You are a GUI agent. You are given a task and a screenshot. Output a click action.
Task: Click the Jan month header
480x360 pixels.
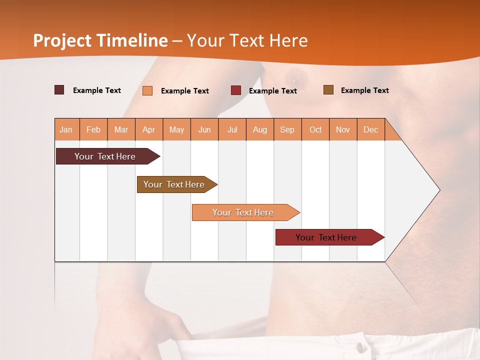pyautogui.click(x=66, y=129)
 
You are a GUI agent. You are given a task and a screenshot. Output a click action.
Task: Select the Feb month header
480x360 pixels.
pyautogui.click(x=93, y=129)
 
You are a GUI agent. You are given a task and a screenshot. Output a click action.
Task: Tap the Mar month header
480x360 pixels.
pyautogui.click(x=121, y=129)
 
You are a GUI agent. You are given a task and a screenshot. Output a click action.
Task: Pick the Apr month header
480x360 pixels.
pyautogui.click(x=148, y=129)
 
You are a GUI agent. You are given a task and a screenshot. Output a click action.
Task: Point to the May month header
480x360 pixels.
pyautogui.click(x=176, y=129)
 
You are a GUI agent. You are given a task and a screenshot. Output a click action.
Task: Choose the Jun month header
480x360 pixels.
pyautogui.click(x=204, y=129)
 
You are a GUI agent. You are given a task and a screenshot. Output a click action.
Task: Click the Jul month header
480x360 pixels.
pyautogui.click(x=232, y=129)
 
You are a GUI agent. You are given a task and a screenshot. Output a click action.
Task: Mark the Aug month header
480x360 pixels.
pyautogui.click(x=259, y=129)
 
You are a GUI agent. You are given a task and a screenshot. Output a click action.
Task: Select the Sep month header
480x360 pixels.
pyautogui.click(x=287, y=129)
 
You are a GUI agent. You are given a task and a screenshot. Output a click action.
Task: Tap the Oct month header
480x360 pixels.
pyautogui.click(x=315, y=129)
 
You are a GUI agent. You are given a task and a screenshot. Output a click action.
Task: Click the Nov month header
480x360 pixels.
pyautogui.click(x=343, y=129)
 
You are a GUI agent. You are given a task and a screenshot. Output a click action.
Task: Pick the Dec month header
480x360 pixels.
pyautogui.click(x=370, y=129)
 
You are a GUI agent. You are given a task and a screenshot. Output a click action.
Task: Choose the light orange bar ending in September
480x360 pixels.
pyautogui.click(x=243, y=212)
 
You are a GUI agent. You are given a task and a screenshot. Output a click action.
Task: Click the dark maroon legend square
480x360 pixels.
pyautogui.click(x=59, y=90)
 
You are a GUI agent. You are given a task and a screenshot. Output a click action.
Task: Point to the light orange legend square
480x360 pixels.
pyautogui.click(x=147, y=90)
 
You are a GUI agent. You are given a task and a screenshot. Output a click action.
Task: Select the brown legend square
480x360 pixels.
pyautogui.click(x=328, y=90)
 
